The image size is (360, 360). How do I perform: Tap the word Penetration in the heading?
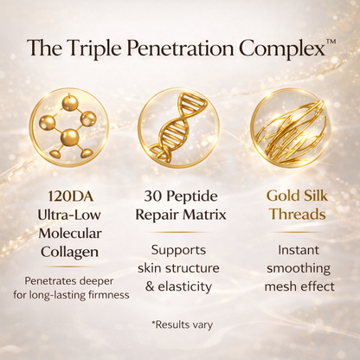click(x=185, y=48)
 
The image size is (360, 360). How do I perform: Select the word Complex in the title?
click(x=281, y=48)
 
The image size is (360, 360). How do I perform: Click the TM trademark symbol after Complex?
click(x=331, y=41)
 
